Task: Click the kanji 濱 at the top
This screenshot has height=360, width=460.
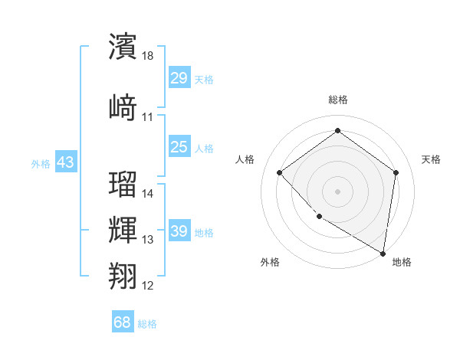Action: coord(123,47)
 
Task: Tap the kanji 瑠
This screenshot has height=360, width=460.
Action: coord(123,184)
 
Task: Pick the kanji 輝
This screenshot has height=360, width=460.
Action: coord(123,230)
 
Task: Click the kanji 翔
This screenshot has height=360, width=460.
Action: coord(123,275)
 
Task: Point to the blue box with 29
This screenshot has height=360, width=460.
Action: coord(179,78)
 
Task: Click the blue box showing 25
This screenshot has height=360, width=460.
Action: coord(179,147)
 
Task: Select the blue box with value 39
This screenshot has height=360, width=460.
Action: coord(179,231)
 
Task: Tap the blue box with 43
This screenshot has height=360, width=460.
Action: coord(65,162)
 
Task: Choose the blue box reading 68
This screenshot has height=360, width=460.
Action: coord(123,322)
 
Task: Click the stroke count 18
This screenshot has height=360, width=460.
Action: coord(148,56)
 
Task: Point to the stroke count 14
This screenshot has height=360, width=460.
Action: coord(148,194)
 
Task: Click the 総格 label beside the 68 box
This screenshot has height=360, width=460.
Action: coord(147,324)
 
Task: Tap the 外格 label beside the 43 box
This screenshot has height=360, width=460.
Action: coord(41,163)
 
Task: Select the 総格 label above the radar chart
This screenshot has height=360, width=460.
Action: coord(337,100)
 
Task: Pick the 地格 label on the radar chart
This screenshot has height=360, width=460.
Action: coord(402,262)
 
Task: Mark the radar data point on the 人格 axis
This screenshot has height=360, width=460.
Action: coord(280,172)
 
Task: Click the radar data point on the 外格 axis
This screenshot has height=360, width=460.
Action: coord(319,217)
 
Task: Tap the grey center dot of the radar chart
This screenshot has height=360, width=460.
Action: coord(337,191)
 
